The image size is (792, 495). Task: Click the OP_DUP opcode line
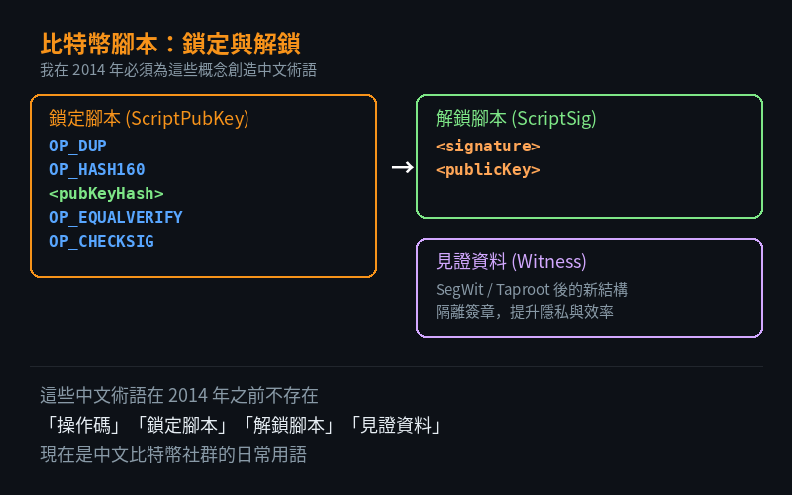[x=78, y=146]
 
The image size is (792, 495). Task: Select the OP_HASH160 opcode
[x=97, y=169]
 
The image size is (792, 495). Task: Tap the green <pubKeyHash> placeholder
[x=107, y=193]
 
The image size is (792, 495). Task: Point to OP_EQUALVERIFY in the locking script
[x=116, y=217]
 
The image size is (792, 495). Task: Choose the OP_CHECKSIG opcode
[x=102, y=241]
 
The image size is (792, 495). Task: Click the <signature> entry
[x=488, y=146]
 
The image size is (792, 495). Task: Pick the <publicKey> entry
[x=488, y=169]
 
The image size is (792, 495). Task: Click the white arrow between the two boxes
[x=403, y=167]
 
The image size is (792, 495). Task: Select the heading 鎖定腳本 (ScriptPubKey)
[x=149, y=118]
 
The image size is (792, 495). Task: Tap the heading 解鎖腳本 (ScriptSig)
[x=516, y=118]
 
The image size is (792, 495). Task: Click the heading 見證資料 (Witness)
[x=511, y=261]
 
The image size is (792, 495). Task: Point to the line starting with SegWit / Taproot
[x=532, y=289]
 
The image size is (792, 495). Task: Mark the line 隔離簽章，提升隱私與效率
[x=525, y=312]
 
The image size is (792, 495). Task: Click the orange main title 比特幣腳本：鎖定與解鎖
[x=170, y=44]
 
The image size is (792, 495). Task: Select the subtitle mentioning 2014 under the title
[x=178, y=70]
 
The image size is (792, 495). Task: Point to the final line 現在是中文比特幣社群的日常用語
[x=173, y=454]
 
